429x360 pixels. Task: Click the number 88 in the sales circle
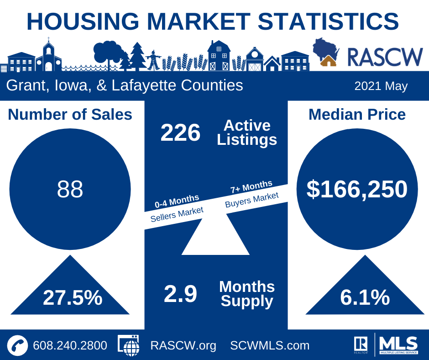click(x=70, y=189)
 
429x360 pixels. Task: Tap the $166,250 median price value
click(x=357, y=189)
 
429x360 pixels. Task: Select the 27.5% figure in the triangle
click(x=73, y=297)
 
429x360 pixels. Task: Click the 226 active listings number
click(x=180, y=133)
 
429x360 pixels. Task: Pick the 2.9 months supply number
click(x=180, y=294)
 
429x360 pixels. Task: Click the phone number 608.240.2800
click(x=70, y=345)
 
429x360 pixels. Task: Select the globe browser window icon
click(x=129, y=345)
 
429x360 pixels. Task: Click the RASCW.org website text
click(x=183, y=345)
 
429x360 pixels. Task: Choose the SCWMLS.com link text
click(x=270, y=345)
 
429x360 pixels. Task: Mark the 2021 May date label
click(x=381, y=86)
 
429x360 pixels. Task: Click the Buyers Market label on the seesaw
click(x=251, y=199)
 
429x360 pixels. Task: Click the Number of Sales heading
click(x=70, y=114)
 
